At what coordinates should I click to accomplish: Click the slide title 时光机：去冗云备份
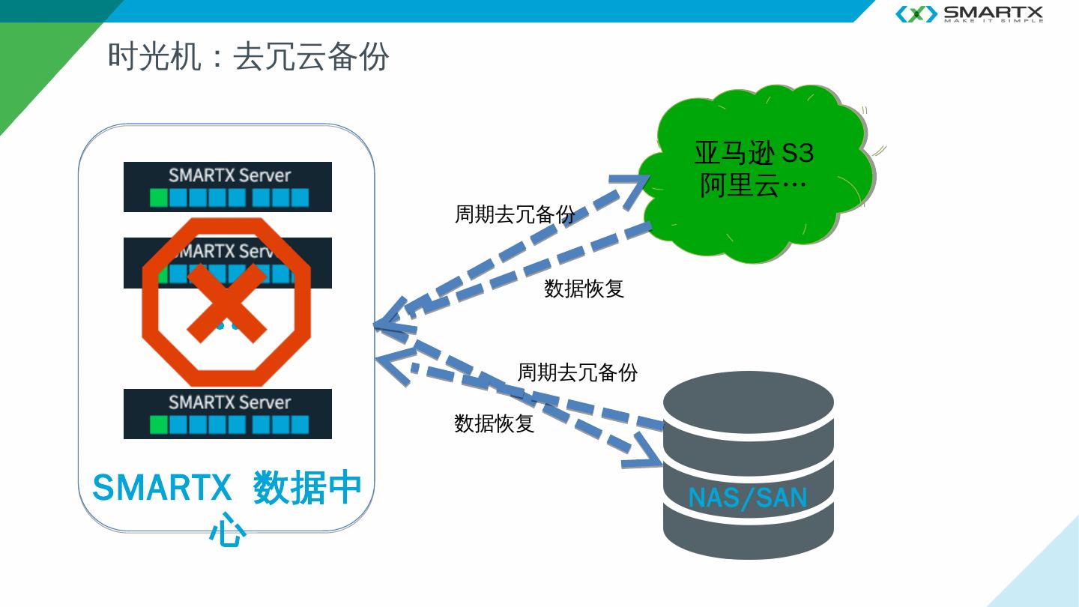pyautogui.click(x=248, y=57)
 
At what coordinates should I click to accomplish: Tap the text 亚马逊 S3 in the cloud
pyautogui.click(x=753, y=153)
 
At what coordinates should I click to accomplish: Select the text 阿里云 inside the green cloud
pyautogui.click(x=739, y=185)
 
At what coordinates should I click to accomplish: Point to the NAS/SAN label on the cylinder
pyautogui.click(x=747, y=498)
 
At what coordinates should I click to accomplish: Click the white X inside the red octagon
pyautogui.click(x=226, y=302)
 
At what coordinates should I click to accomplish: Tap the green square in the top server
pyautogui.click(x=158, y=198)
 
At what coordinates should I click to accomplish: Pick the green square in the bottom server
pyautogui.click(x=158, y=425)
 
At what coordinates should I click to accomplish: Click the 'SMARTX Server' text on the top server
pyautogui.click(x=229, y=175)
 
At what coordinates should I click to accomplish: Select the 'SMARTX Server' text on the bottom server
pyautogui.click(x=229, y=402)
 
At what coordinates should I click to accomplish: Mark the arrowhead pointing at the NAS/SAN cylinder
pyautogui.click(x=644, y=454)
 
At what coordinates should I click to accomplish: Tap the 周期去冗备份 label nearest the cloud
pyautogui.click(x=515, y=214)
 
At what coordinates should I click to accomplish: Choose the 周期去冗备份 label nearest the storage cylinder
pyautogui.click(x=578, y=372)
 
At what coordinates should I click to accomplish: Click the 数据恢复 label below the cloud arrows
pyautogui.click(x=584, y=289)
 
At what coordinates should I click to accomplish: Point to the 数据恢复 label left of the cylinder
pyautogui.click(x=494, y=423)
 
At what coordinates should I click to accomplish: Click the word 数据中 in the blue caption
pyautogui.click(x=307, y=488)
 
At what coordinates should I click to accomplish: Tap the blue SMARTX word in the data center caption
pyautogui.click(x=162, y=488)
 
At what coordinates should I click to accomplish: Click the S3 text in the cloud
pyautogui.click(x=797, y=153)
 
